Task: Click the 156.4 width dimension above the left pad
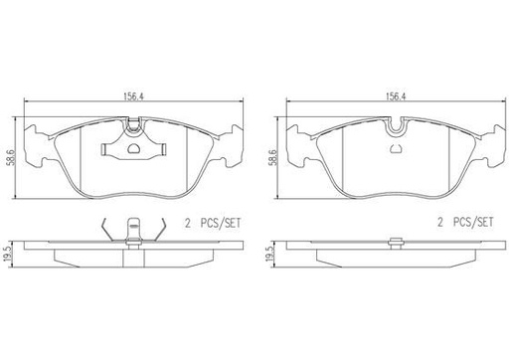133,96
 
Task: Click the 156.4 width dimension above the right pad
396,96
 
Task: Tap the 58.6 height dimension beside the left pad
12,157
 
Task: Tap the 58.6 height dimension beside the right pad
273,157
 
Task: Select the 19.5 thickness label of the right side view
271,255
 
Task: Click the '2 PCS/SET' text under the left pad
213,223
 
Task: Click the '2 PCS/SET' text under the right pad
465,222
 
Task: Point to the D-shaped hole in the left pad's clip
134,148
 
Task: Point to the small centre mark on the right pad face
397,149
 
